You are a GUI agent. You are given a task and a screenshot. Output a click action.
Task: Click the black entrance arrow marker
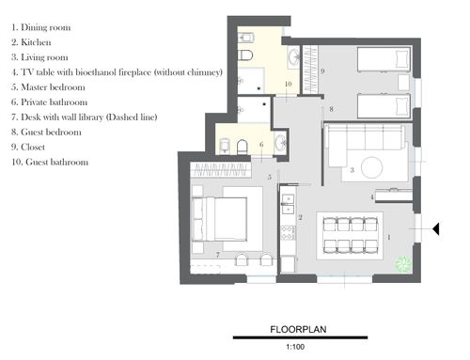(x=436, y=229)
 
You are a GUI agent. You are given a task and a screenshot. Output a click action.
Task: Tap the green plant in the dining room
(x=402, y=263)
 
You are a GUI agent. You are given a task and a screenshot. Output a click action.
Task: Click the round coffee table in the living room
(x=372, y=167)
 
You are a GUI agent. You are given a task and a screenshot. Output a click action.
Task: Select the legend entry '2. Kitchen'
(x=31, y=42)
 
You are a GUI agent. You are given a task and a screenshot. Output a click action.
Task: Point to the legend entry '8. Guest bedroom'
(x=46, y=132)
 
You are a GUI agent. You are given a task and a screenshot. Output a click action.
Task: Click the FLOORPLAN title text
(x=298, y=329)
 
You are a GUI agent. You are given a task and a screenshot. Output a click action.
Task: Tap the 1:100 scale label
(x=295, y=347)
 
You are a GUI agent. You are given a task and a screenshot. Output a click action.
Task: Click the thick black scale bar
(x=300, y=337)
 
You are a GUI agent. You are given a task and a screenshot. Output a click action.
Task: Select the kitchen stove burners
(x=288, y=233)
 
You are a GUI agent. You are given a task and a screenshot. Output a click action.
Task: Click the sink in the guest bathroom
(x=294, y=56)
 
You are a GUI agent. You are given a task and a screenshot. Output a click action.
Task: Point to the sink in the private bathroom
(x=280, y=144)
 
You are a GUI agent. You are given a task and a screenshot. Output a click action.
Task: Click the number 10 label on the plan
(x=289, y=84)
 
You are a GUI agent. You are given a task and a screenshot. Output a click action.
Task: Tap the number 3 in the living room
(x=352, y=170)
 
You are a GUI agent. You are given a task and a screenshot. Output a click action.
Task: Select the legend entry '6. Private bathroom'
(x=50, y=102)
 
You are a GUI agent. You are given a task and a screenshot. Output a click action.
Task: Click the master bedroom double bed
(x=219, y=219)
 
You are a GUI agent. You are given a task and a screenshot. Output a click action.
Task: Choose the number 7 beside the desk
(x=218, y=256)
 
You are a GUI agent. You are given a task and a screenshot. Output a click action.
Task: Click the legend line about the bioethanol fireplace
(x=117, y=72)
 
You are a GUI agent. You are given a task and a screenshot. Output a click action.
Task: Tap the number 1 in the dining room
(x=389, y=237)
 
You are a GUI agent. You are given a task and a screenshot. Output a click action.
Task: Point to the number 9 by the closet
(x=322, y=71)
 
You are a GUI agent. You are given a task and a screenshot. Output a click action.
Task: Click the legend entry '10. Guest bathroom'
(x=50, y=162)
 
